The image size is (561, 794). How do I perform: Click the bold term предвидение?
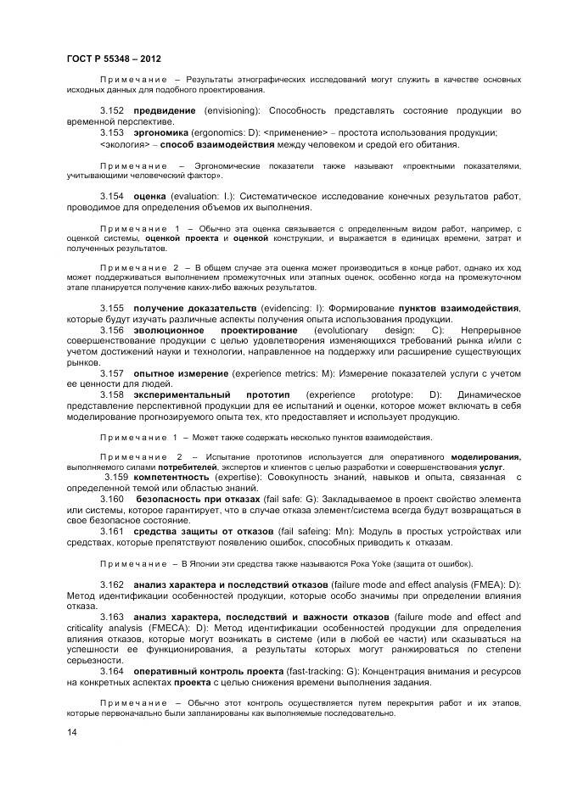(165, 111)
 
